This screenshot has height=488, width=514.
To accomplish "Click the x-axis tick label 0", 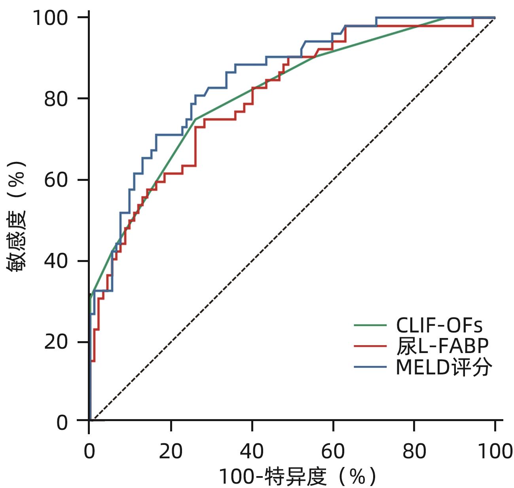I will click(x=89, y=451).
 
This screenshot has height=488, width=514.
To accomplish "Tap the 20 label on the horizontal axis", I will click(x=171, y=451).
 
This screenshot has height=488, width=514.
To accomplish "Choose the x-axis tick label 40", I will click(x=252, y=451).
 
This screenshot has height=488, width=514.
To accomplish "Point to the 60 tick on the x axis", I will click(x=333, y=451).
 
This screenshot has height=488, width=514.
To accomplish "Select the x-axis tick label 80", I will click(x=414, y=451).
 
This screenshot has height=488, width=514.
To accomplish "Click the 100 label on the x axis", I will click(x=495, y=451).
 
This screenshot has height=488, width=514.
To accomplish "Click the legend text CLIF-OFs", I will click(x=439, y=326).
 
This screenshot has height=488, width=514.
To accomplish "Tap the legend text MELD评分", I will click(x=444, y=367).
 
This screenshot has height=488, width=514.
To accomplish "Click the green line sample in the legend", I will click(x=370, y=325).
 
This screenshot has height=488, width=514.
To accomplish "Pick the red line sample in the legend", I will click(x=370, y=346).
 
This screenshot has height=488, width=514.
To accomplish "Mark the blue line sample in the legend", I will click(x=370, y=367).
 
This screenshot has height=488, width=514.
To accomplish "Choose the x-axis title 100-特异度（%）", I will click(x=297, y=477).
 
